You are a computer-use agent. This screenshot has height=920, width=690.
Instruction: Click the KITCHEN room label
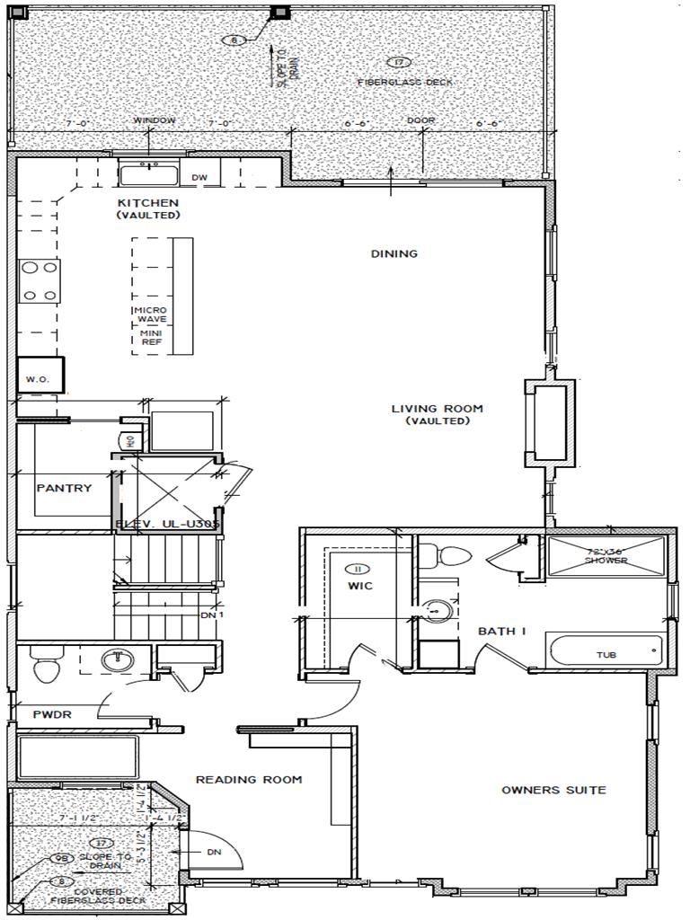click(x=148, y=203)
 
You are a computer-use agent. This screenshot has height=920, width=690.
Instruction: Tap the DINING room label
click(x=394, y=253)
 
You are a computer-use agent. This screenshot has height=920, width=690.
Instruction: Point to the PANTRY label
click(x=64, y=488)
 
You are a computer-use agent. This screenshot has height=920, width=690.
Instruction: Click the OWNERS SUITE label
click(x=553, y=790)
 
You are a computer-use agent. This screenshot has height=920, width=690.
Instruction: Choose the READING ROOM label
click(x=249, y=779)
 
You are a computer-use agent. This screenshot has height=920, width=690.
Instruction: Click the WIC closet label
click(x=360, y=586)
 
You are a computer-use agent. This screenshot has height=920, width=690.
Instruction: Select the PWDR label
click(x=52, y=715)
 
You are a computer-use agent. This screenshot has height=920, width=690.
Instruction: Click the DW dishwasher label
click(x=199, y=178)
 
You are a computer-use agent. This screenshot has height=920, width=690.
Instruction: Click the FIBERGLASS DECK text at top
click(x=405, y=82)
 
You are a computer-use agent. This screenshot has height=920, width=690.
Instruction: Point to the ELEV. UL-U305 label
click(x=167, y=525)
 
